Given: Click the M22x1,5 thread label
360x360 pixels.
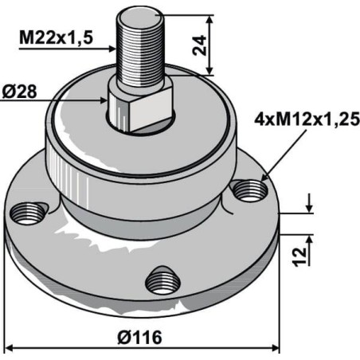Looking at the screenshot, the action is click(x=56, y=38).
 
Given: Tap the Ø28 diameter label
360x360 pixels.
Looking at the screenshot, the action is click(x=19, y=92).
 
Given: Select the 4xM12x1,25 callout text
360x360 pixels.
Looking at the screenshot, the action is click(x=307, y=119).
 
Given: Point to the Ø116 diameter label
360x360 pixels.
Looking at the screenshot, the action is click(x=139, y=338).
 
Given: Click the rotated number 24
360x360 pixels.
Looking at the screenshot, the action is click(x=199, y=45).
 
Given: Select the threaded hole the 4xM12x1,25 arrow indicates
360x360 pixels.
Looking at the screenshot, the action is click(x=248, y=190).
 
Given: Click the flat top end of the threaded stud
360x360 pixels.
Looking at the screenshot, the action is click(x=140, y=16).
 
